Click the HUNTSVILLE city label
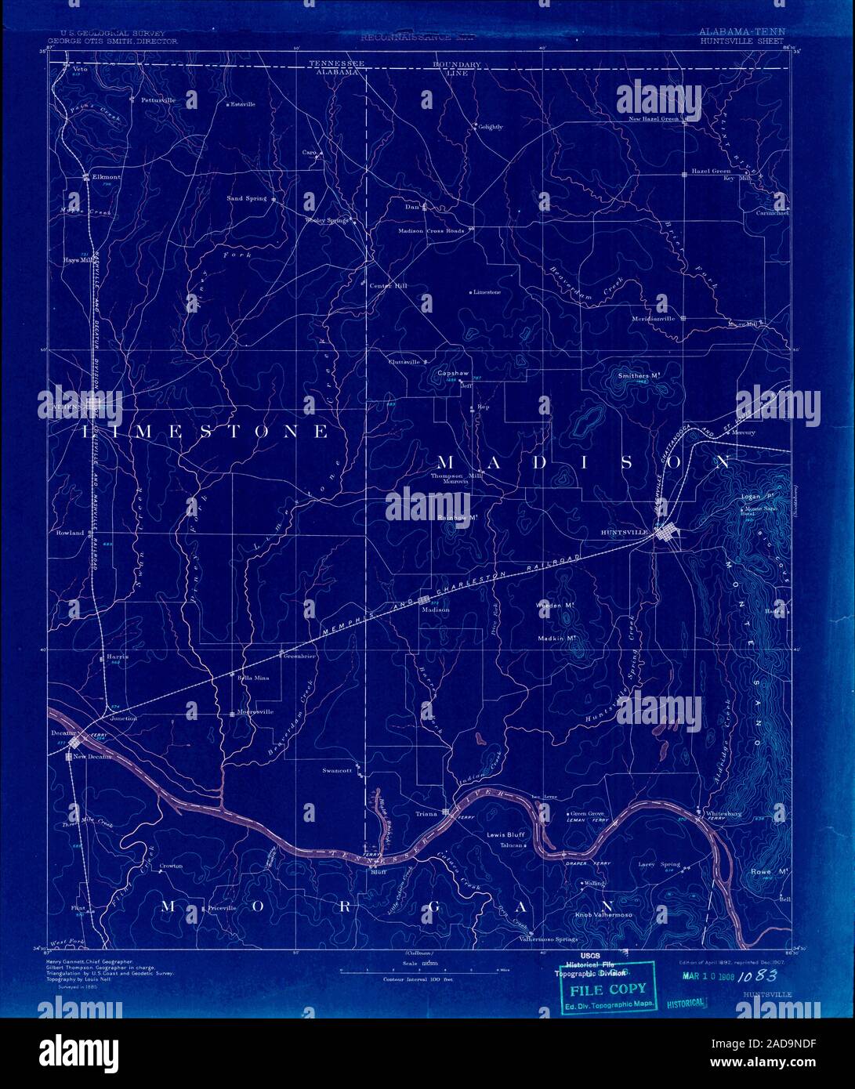pyautogui.click(x=623, y=533)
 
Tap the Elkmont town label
pyautogui.click(x=106, y=177)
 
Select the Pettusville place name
pyautogui.click(x=158, y=101)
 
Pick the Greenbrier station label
pyautogui.click(x=299, y=656)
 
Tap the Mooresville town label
pyautogui.click(x=255, y=712)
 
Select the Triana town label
pyautogui.click(x=426, y=814)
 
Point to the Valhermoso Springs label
pyautogui.click(x=554, y=939)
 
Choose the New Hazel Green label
pyautogui.click(x=653, y=119)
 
